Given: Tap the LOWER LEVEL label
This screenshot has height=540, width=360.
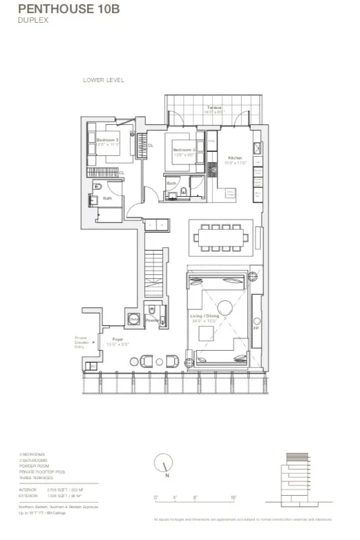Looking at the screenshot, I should click(x=103, y=80).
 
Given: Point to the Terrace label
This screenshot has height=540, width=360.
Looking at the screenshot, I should click(x=214, y=108).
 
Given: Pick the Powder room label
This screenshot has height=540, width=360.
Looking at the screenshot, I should click(x=153, y=320).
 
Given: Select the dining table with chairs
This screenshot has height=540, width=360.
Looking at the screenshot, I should click(x=222, y=239).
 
